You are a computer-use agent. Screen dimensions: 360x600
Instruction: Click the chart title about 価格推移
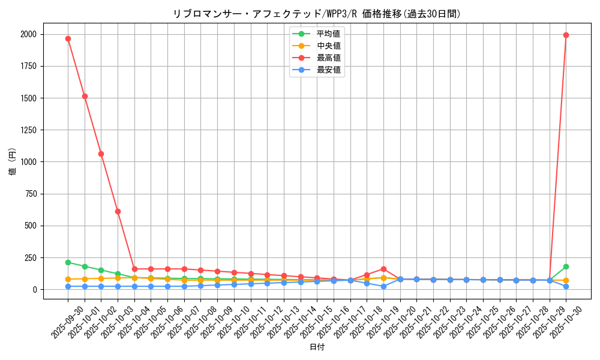point(317,14)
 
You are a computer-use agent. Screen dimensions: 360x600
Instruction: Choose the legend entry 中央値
point(328,46)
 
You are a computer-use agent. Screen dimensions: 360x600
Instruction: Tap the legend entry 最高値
point(328,58)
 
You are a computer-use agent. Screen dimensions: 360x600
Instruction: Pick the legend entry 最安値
point(328,70)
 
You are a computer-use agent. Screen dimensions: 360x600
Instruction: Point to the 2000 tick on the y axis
point(28,34)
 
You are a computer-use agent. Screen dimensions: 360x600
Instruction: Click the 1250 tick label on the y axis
point(28,130)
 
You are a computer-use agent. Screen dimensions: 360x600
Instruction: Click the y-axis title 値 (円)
point(12,162)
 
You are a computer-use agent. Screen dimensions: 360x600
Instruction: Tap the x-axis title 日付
point(317,347)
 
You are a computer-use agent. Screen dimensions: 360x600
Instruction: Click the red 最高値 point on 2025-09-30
point(68,38)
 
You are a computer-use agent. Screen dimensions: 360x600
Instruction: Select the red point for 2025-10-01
point(85,96)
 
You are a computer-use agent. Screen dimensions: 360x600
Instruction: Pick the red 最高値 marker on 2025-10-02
point(101,154)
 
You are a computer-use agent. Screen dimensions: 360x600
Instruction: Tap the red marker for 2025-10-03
point(118,211)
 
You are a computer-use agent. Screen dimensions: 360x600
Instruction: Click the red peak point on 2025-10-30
point(566,35)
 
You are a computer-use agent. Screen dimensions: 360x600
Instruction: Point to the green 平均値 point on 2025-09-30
point(68,262)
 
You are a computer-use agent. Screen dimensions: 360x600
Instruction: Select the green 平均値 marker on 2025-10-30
point(566,266)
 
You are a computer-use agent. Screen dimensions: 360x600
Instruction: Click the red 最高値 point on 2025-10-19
point(383,269)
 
